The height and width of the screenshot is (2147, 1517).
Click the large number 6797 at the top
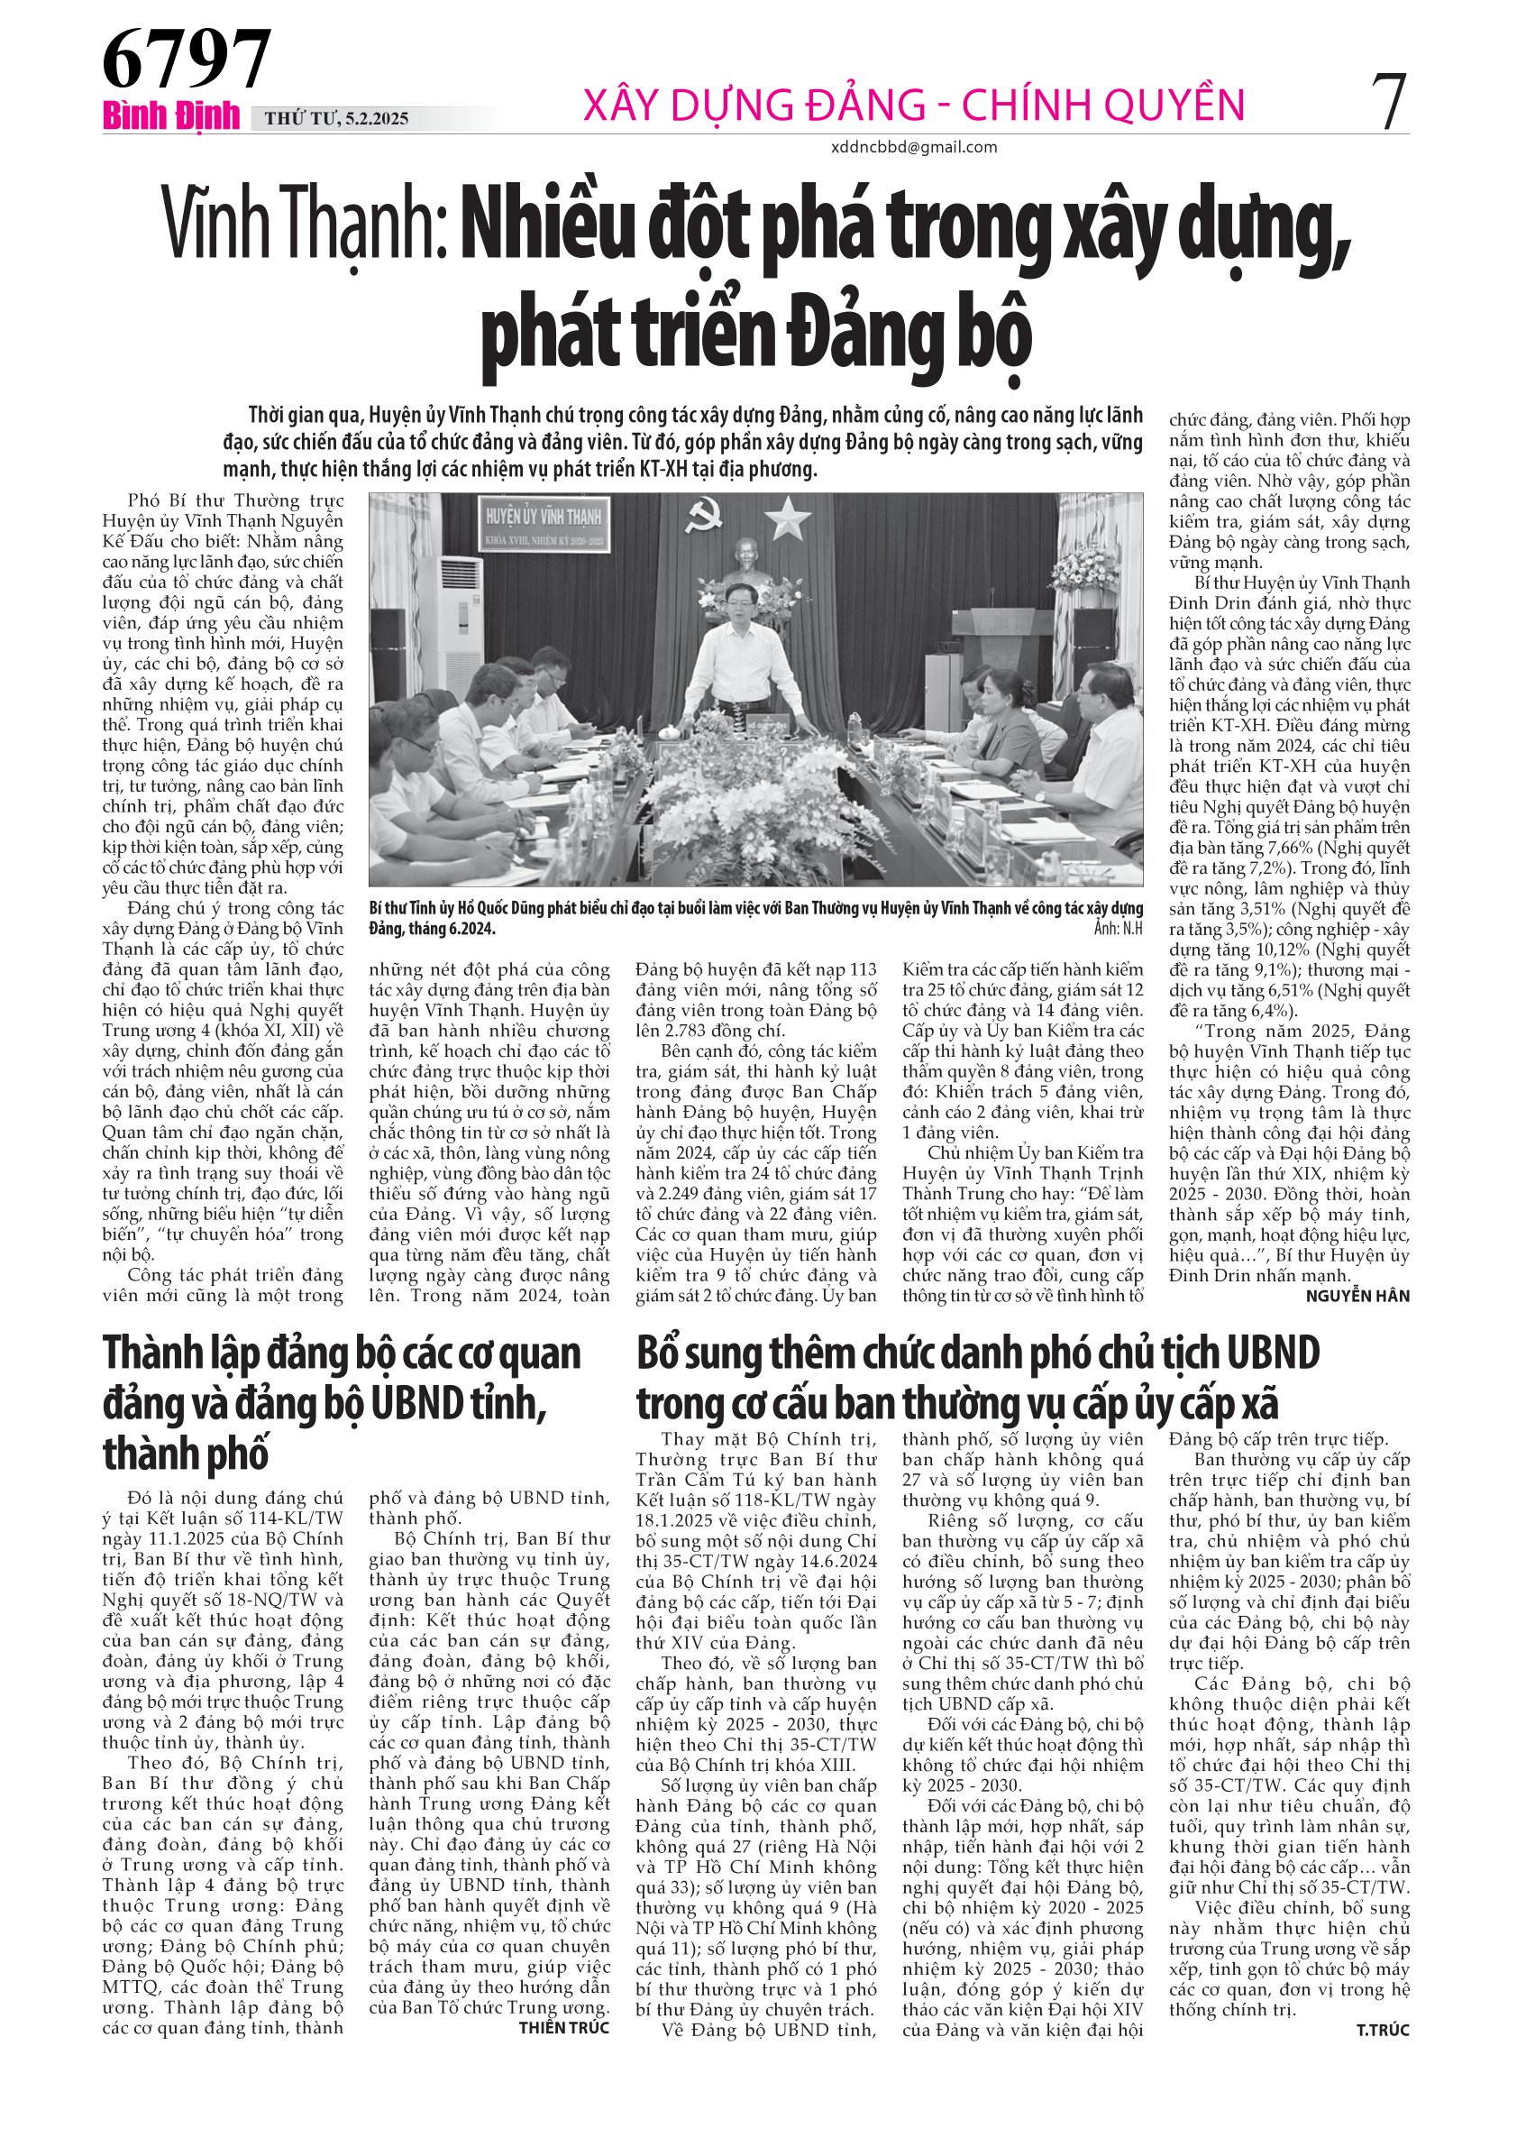pyautogui.click(x=186, y=59)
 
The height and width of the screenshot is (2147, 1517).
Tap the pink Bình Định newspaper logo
pyautogui.click(x=171, y=117)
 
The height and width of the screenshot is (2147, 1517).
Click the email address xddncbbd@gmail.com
pyautogui.click(x=913, y=147)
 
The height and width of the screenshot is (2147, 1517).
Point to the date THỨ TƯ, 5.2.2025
pyautogui.click(x=336, y=119)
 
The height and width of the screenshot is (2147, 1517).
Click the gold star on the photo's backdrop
pyautogui.click(x=788, y=517)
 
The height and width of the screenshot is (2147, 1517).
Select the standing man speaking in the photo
pyautogui.click(x=745, y=668)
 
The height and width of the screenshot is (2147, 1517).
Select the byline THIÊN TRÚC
pyautogui.click(x=563, y=2027)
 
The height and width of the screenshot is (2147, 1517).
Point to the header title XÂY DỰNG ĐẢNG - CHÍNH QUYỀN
pyautogui.click(x=913, y=104)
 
